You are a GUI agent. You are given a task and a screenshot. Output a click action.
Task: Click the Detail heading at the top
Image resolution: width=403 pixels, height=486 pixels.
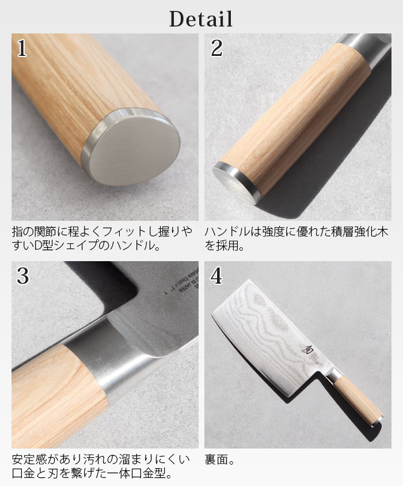tap(201, 18)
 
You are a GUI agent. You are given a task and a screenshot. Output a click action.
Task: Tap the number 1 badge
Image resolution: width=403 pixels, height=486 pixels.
tap(22, 49)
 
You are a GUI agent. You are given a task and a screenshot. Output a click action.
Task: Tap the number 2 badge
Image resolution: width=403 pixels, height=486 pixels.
tap(216, 49)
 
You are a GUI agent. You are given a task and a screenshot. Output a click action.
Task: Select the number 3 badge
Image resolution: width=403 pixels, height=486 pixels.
tap(22, 276)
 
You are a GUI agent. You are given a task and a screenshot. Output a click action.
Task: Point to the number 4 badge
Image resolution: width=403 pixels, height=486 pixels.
tap(216, 276)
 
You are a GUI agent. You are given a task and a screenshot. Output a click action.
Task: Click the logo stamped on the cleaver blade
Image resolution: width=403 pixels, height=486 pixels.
tap(305, 349)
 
